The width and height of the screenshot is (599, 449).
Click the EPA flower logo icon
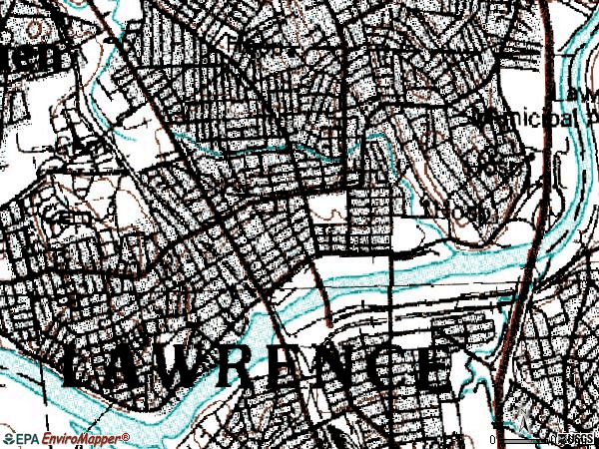[x=8, y=439]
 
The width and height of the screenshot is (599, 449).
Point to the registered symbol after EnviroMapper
[x=126, y=436]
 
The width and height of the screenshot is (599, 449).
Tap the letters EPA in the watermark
[x=29, y=439]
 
